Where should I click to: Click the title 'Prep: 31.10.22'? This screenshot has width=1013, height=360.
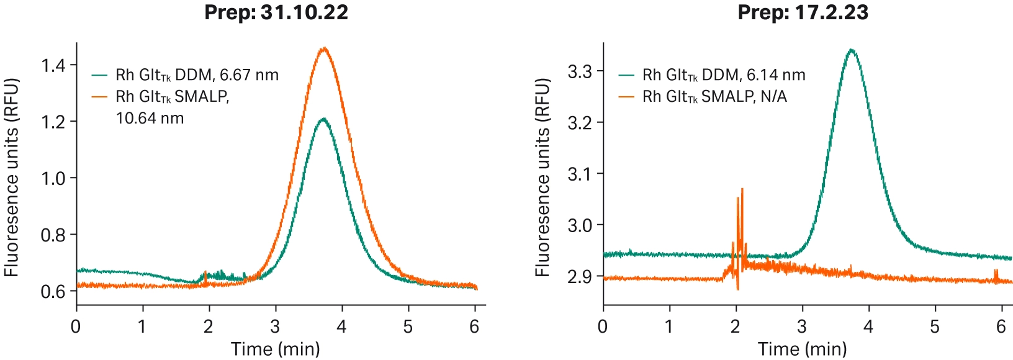(276, 12)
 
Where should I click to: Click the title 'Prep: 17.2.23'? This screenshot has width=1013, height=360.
(803, 12)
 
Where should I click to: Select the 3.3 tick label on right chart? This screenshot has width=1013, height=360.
(580, 71)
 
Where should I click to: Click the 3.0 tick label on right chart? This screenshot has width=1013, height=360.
(580, 225)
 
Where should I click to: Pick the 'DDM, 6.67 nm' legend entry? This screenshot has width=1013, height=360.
(197, 75)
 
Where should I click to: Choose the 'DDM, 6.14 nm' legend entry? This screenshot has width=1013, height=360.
(724, 75)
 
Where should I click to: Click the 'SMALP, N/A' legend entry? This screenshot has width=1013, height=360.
(714, 97)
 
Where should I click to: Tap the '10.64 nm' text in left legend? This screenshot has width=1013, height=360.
(150, 118)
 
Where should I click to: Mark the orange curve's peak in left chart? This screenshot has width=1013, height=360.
(323, 48)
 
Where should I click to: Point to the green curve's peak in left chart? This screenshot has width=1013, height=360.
(323, 119)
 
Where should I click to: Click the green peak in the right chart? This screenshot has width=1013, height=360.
(851, 50)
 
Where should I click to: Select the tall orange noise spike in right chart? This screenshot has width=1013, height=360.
(742, 189)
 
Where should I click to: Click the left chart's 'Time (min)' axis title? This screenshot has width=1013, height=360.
(276, 349)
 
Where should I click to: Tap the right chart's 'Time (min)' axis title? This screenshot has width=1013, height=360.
(802, 349)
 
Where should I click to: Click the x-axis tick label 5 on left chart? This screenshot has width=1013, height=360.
(408, 326)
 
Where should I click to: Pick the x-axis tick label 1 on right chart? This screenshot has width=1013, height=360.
(669, 326)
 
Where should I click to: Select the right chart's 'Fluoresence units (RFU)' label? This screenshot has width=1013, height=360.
(543, 178)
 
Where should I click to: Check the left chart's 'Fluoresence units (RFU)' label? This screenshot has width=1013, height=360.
(11, 178)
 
